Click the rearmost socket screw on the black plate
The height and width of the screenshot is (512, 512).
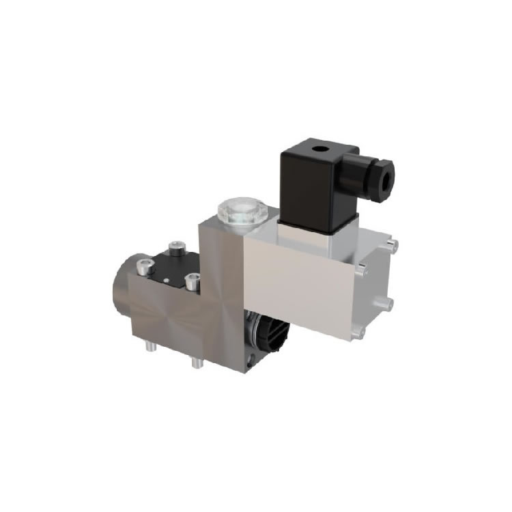tap(178, 246)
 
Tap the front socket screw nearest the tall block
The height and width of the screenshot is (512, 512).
tap(193, 279)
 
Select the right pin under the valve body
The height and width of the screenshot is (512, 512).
tap(197, 362)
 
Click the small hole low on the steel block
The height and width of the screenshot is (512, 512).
tap(254, 356)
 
